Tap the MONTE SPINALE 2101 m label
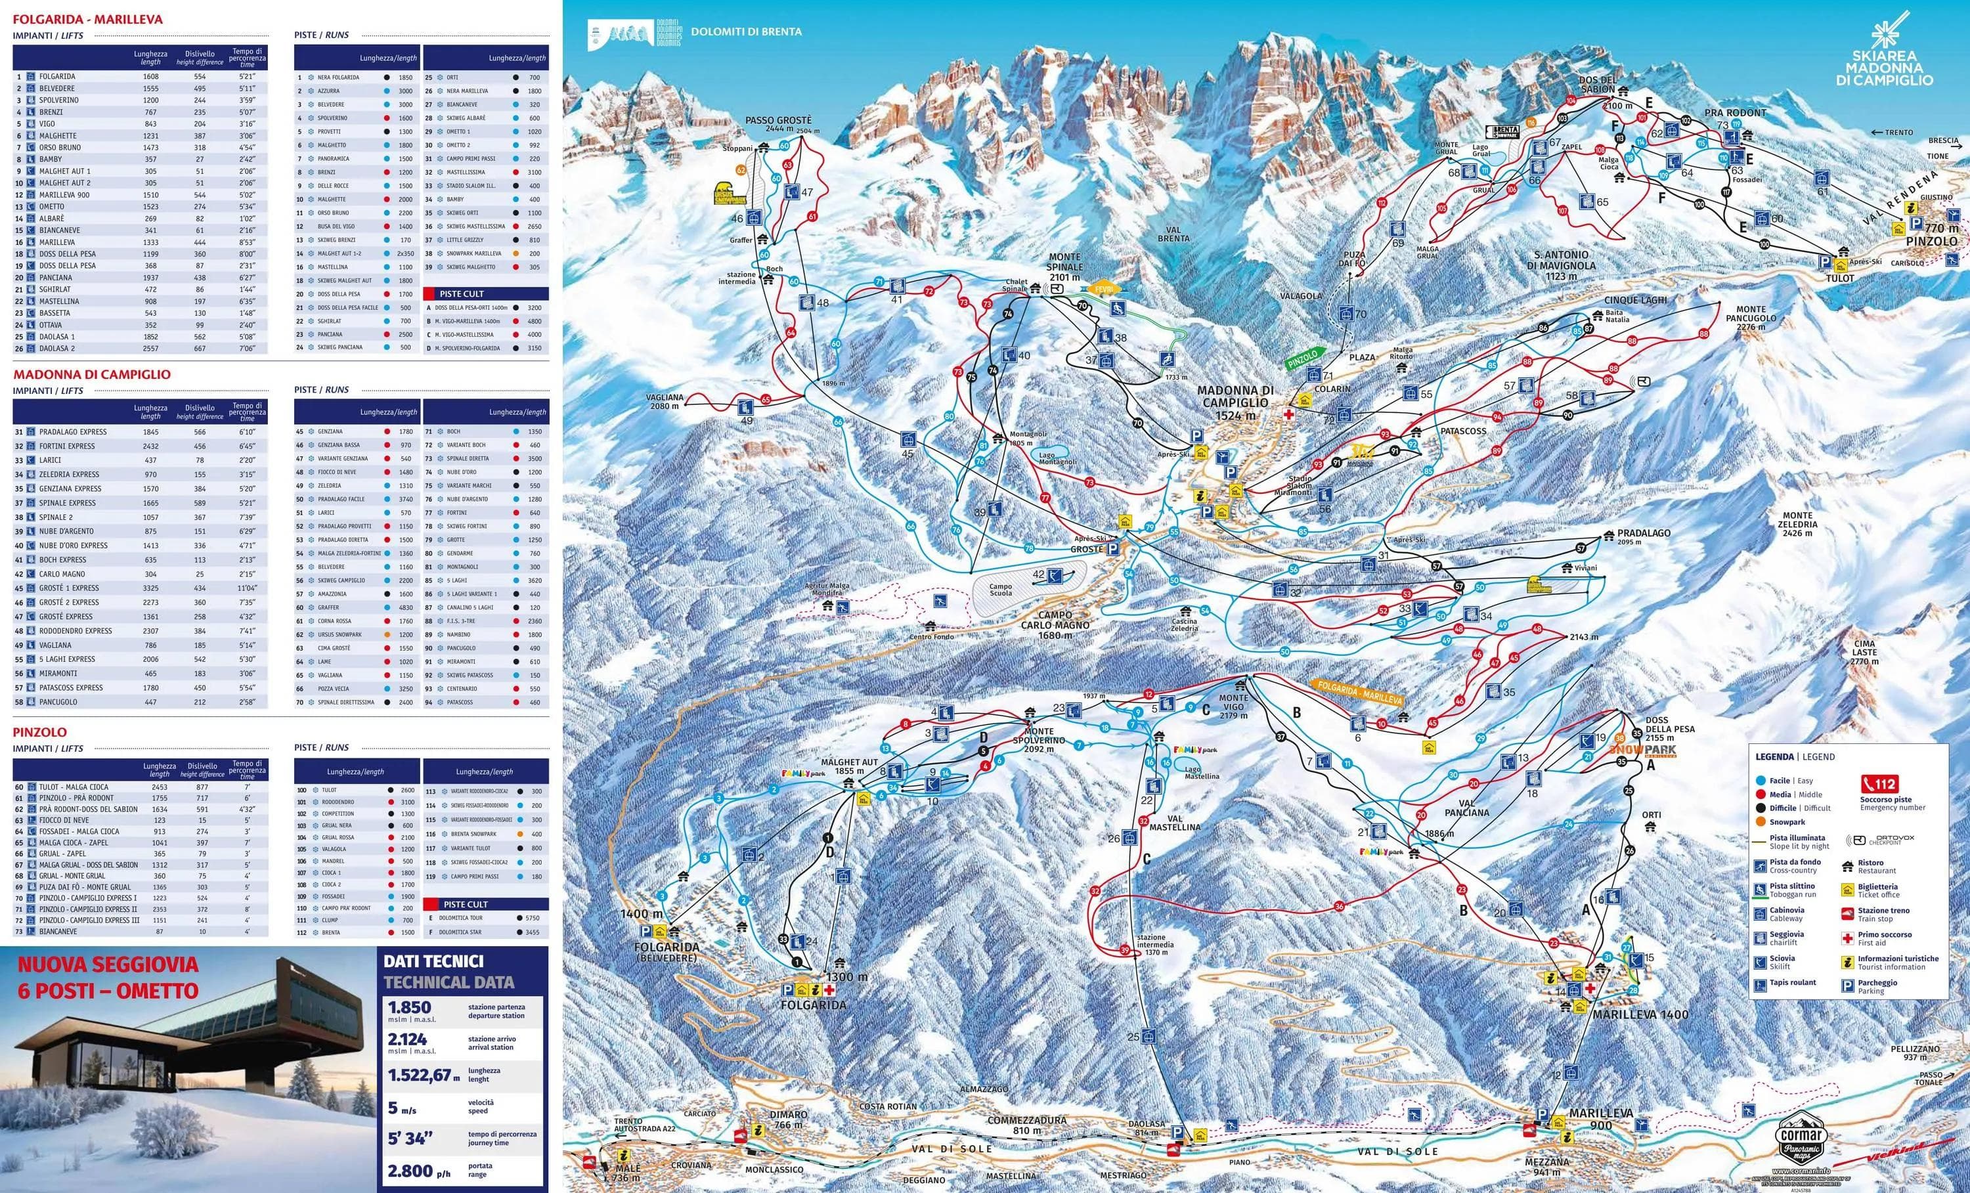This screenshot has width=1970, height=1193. (x=1064, y=267)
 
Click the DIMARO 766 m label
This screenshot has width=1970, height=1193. (x=788, y=1119)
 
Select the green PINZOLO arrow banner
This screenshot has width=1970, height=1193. (x=1305, y=359)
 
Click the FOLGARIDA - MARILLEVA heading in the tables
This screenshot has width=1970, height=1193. (x=87, y=19)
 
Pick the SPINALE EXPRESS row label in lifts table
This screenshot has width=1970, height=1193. (x=67, y=503)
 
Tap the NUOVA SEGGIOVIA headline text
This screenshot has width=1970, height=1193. (x=107, y=965)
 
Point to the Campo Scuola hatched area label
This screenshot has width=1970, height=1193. (x=1000, y=590)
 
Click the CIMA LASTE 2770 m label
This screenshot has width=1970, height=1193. (x=1864, y=652)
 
